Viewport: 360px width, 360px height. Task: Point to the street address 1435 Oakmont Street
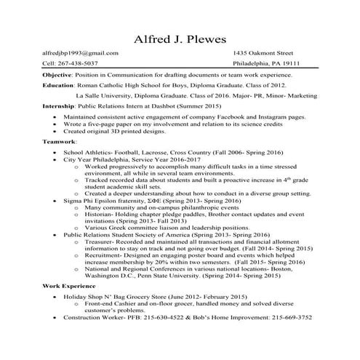pyautogui.click(x=263, y=53)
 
